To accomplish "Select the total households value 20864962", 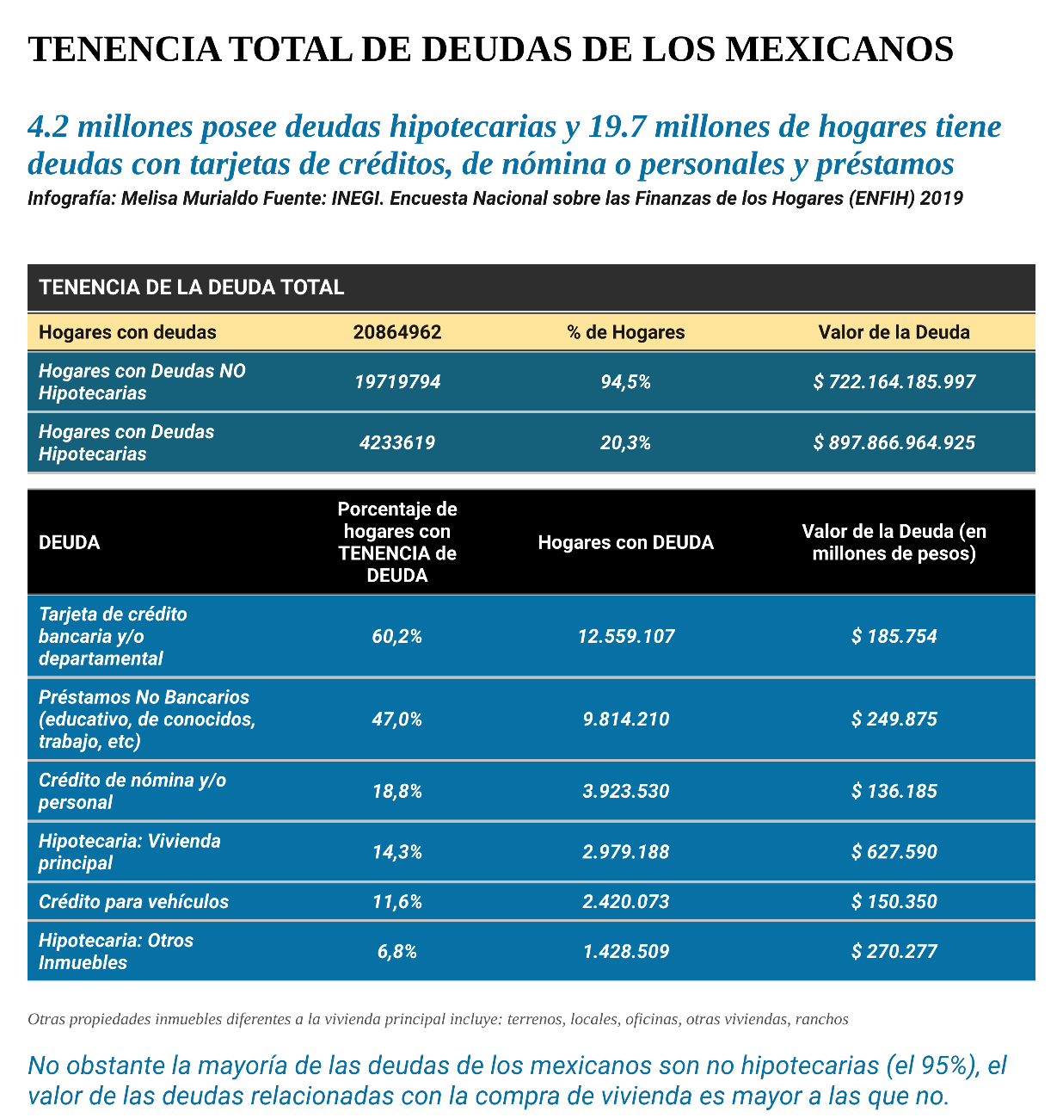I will tap(397, 332).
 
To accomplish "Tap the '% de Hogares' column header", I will tap(626, 332).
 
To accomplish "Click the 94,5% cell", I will tap(626, 381).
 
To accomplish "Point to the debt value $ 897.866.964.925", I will tap(894, 443).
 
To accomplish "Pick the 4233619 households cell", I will tap(397, 443).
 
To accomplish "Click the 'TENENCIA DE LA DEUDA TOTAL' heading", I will tap(192, 287).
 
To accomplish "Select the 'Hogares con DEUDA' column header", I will tap(626, 542).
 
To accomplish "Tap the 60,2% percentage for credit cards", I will tap(397, 637).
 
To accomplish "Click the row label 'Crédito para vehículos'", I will tap(134, 902).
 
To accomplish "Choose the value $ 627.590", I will tap(894, 852).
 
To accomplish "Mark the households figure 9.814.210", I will tap(626, 720).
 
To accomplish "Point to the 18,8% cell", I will tap(397, 791).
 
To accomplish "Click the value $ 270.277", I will tap(894, 951).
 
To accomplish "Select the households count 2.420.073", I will tap(626, 902).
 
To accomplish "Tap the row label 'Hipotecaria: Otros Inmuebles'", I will tap(116, 951).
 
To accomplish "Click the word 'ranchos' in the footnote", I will tap(822, 1020).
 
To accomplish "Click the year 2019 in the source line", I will tap(941, 198).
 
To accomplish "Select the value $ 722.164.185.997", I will tap(894, 381).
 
